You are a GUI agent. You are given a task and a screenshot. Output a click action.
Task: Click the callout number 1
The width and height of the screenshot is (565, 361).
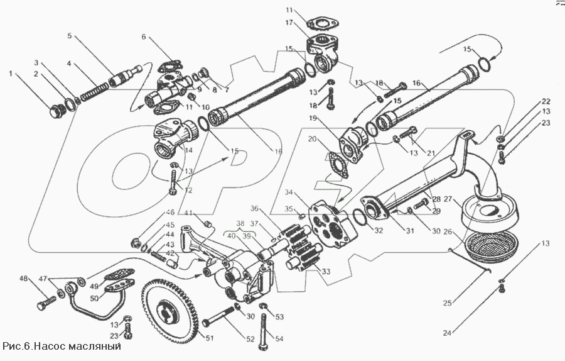10,74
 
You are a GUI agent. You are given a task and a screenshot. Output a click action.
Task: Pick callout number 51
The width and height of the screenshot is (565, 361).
210,339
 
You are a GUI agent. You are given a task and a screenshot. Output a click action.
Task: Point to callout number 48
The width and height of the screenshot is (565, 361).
24,279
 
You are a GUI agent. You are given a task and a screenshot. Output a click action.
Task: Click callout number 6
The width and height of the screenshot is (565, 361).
144,36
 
